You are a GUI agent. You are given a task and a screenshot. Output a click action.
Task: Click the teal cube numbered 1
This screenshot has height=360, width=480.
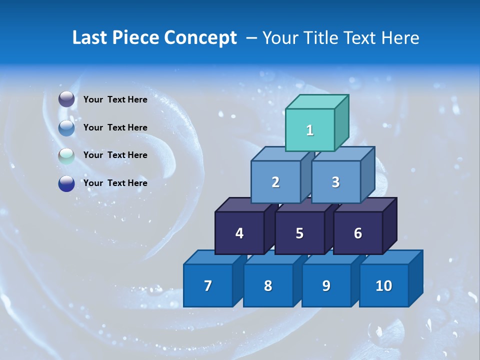(x=310, y=130)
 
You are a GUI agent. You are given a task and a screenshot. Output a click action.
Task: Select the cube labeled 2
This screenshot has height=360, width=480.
(x=275, y=182)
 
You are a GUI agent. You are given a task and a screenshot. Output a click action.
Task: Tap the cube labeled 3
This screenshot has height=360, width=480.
(x=335, y=182)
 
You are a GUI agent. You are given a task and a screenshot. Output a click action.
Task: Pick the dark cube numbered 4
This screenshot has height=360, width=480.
(x=239, y=233)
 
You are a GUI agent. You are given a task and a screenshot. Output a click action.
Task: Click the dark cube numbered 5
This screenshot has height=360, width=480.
(x=299, y=233)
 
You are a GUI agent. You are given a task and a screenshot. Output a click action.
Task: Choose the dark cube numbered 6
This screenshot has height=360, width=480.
(x=358, y=233)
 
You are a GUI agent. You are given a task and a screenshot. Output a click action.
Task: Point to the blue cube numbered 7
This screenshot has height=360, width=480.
(x=208, y=285)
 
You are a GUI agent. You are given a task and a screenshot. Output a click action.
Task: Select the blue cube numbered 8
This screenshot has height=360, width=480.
(x=268, y=285)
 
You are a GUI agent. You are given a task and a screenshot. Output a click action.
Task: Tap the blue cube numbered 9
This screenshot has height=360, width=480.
(x=326, y=285)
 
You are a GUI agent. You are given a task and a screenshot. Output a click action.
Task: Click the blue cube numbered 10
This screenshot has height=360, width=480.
(x=383, y=285)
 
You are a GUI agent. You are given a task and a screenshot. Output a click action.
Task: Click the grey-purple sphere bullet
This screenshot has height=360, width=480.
(x=66, y=99)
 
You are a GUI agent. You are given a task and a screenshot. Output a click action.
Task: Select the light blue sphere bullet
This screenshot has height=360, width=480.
(x=66, y=127)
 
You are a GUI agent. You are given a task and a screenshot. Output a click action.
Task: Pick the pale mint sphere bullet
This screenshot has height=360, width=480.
(x=66, y=155)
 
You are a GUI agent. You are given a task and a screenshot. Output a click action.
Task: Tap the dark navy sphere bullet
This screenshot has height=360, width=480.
(x=66, y=183)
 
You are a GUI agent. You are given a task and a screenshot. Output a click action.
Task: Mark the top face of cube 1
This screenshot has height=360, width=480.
(x=317, y=101)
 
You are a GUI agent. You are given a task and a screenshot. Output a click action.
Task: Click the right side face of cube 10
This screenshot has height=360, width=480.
(x=415, y=278)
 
